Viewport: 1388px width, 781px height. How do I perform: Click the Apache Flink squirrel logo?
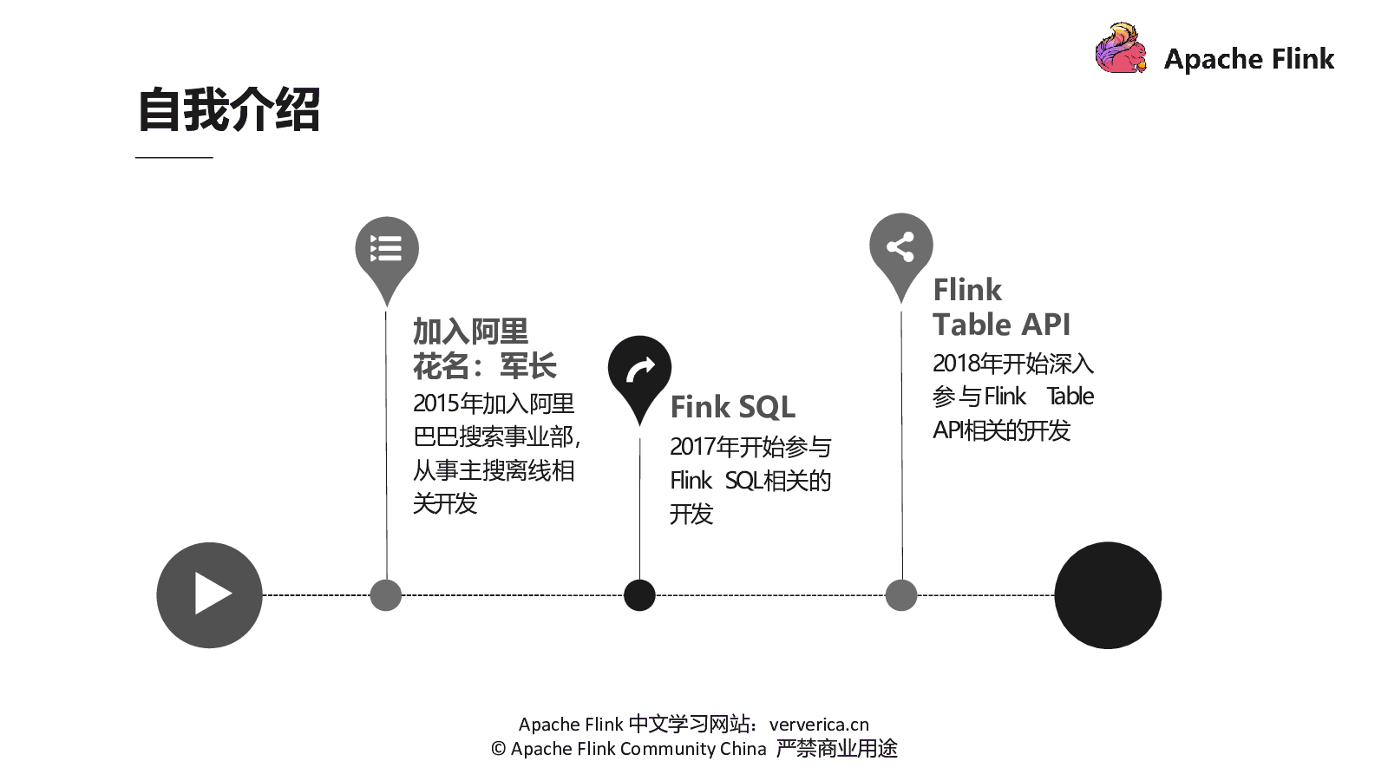pyautogui.click(x=1120, y=49)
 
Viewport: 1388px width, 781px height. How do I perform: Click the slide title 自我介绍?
pyautogui.click(x=229, y=110)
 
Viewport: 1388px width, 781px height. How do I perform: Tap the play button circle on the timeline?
pyautogui.click(x=209, y=595)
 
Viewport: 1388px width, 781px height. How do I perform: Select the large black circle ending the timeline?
pyautogui.click(x=1108, y=595)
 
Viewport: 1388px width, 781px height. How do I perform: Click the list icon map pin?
pyautogui.click(x=387, y=250)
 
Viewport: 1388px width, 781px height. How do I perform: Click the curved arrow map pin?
pyautogui.click(x=639, y=370)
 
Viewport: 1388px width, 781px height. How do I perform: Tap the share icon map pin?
pyautogui.click(x=900, y=247)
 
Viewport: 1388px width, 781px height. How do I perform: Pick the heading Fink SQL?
pyautogui.click(x=732, y=407)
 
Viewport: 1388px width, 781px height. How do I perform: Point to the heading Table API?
pyautogui.click(x=1001, y=325)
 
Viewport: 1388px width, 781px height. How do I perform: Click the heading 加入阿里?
pyautogui.click(x=470, y=331)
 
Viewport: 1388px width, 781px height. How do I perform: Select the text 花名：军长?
pyautogui.click(x=484, y=366)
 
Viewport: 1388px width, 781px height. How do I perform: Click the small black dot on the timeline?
pyautogui.click(x=639, y=595)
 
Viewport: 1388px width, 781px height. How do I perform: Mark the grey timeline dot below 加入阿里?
pyautogui.click(x=386, y=595)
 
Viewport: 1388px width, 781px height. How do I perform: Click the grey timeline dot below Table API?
pyautogui.click(x=901, y=595)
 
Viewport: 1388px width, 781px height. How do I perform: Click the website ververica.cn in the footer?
pyautogui.click(x=819, y=725)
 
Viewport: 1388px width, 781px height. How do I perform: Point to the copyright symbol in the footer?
pyautogui.click(x=498, y=749)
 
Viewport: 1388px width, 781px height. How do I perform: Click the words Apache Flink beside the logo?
pyautogui.click(x=1248, y=59)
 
